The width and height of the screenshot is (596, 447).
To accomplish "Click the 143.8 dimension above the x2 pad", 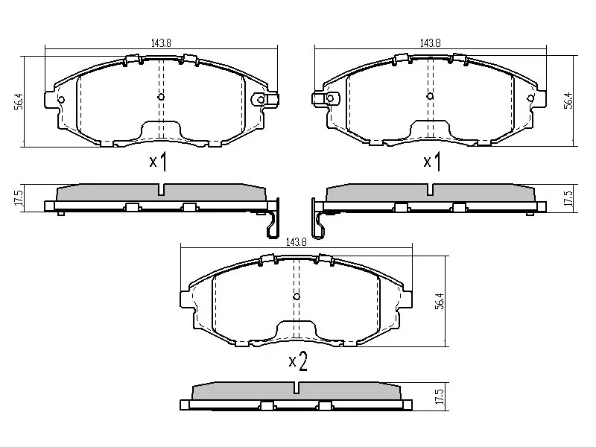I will [297, 241].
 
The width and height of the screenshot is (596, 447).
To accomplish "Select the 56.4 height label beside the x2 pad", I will [440, 301].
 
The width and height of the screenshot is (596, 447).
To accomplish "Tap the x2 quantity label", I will [297, 362].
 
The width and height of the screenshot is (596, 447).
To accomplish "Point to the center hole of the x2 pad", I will [297, 297].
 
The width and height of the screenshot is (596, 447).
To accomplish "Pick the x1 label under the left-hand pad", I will [157, 162].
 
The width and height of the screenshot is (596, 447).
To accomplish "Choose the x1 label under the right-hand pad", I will [431, 162].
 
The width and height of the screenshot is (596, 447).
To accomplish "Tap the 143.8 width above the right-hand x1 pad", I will [431, 43].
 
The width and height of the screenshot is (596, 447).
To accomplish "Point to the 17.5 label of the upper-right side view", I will [568, 199].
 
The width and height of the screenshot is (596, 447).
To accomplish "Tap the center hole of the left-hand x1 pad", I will [161, 97].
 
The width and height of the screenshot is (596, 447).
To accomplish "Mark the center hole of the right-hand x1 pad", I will [430, 96].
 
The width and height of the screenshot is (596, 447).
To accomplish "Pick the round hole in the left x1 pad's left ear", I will [61, 100].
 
